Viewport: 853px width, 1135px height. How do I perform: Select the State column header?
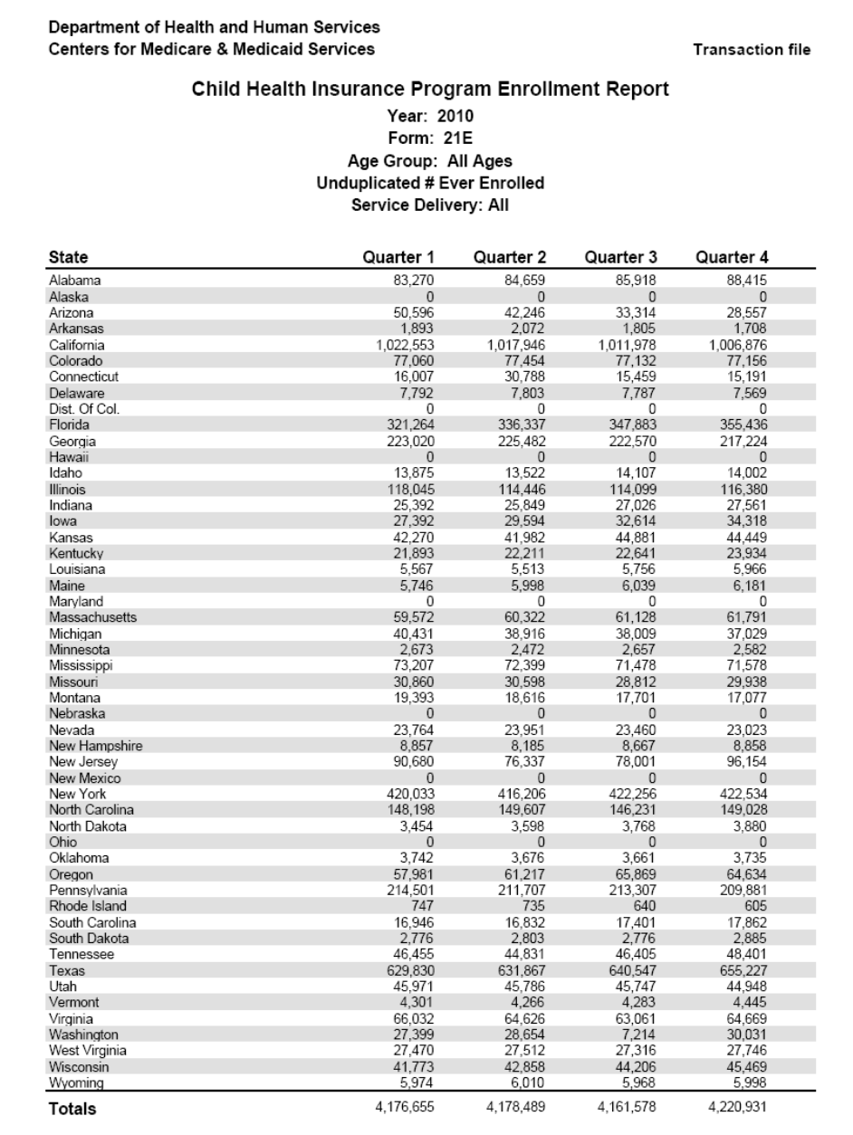[x=68, y=257]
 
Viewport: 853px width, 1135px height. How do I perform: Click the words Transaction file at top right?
[x=752, y=50]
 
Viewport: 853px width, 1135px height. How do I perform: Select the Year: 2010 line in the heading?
[x=430, y=116]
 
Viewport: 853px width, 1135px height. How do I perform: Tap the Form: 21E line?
[x=430, y=138]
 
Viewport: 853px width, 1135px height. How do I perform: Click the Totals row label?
[x=72, y=1108]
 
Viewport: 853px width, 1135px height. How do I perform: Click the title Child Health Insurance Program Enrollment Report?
[x=430, y=90]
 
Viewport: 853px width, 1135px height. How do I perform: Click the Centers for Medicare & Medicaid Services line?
[x=212, y=49]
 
